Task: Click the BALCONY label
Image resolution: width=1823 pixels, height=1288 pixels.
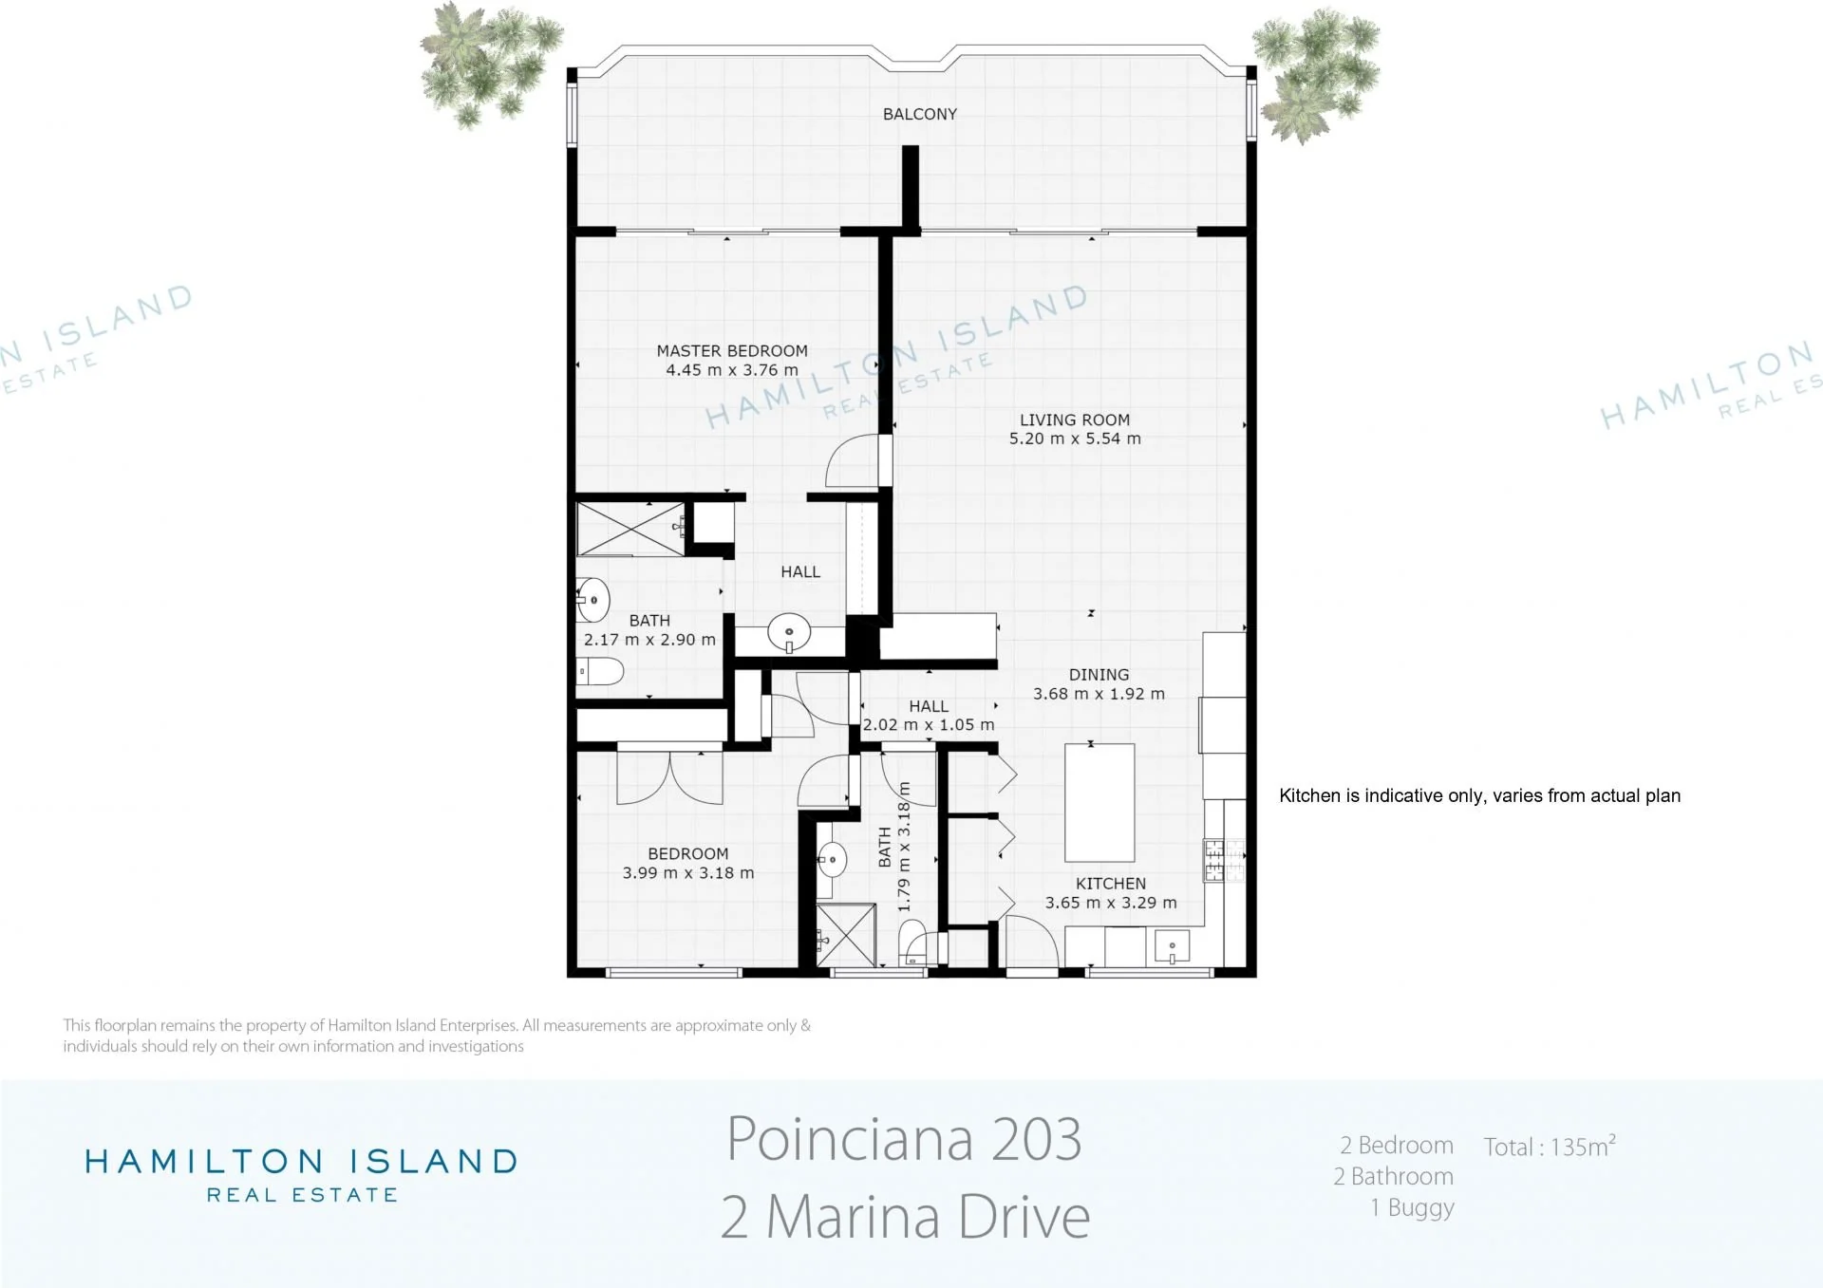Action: click(x=919, y=114)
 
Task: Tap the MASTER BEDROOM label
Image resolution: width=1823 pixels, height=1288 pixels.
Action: click(x=732, y=350)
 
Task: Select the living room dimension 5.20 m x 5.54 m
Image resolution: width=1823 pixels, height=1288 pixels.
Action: click(x=1075, y=439)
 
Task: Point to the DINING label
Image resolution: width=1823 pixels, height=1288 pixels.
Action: click(x=1099, y=675)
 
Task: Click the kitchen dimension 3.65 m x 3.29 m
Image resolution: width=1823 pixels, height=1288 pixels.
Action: click(x=1111, y=903)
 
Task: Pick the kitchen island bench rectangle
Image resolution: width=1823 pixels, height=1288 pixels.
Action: click(x=1099, y=803)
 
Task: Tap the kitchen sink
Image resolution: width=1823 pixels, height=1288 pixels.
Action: click(x=1173, y=946)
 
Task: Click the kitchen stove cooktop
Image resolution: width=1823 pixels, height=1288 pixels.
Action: click(x=1224, y=861)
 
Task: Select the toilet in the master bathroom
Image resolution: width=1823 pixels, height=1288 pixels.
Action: click(x=599, y=672)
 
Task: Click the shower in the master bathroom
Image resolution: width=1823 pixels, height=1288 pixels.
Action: click(x=630, y=529)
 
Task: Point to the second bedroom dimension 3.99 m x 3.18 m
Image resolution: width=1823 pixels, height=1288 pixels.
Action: click(x=688, y=873)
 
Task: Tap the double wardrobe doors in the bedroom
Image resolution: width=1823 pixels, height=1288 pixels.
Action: click(x=670, y=778)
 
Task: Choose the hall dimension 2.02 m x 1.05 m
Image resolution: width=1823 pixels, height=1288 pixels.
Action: click(x=929, y=725)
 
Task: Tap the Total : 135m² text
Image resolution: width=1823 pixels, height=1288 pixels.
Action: click(x=1550, y=1146)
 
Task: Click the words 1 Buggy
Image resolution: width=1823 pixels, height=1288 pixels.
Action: click(x=1412, y=1208)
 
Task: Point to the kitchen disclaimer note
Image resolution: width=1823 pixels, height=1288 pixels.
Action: click(x=1479, y=795)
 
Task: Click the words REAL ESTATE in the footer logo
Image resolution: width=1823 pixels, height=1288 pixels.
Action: click(x=302, y=1195)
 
